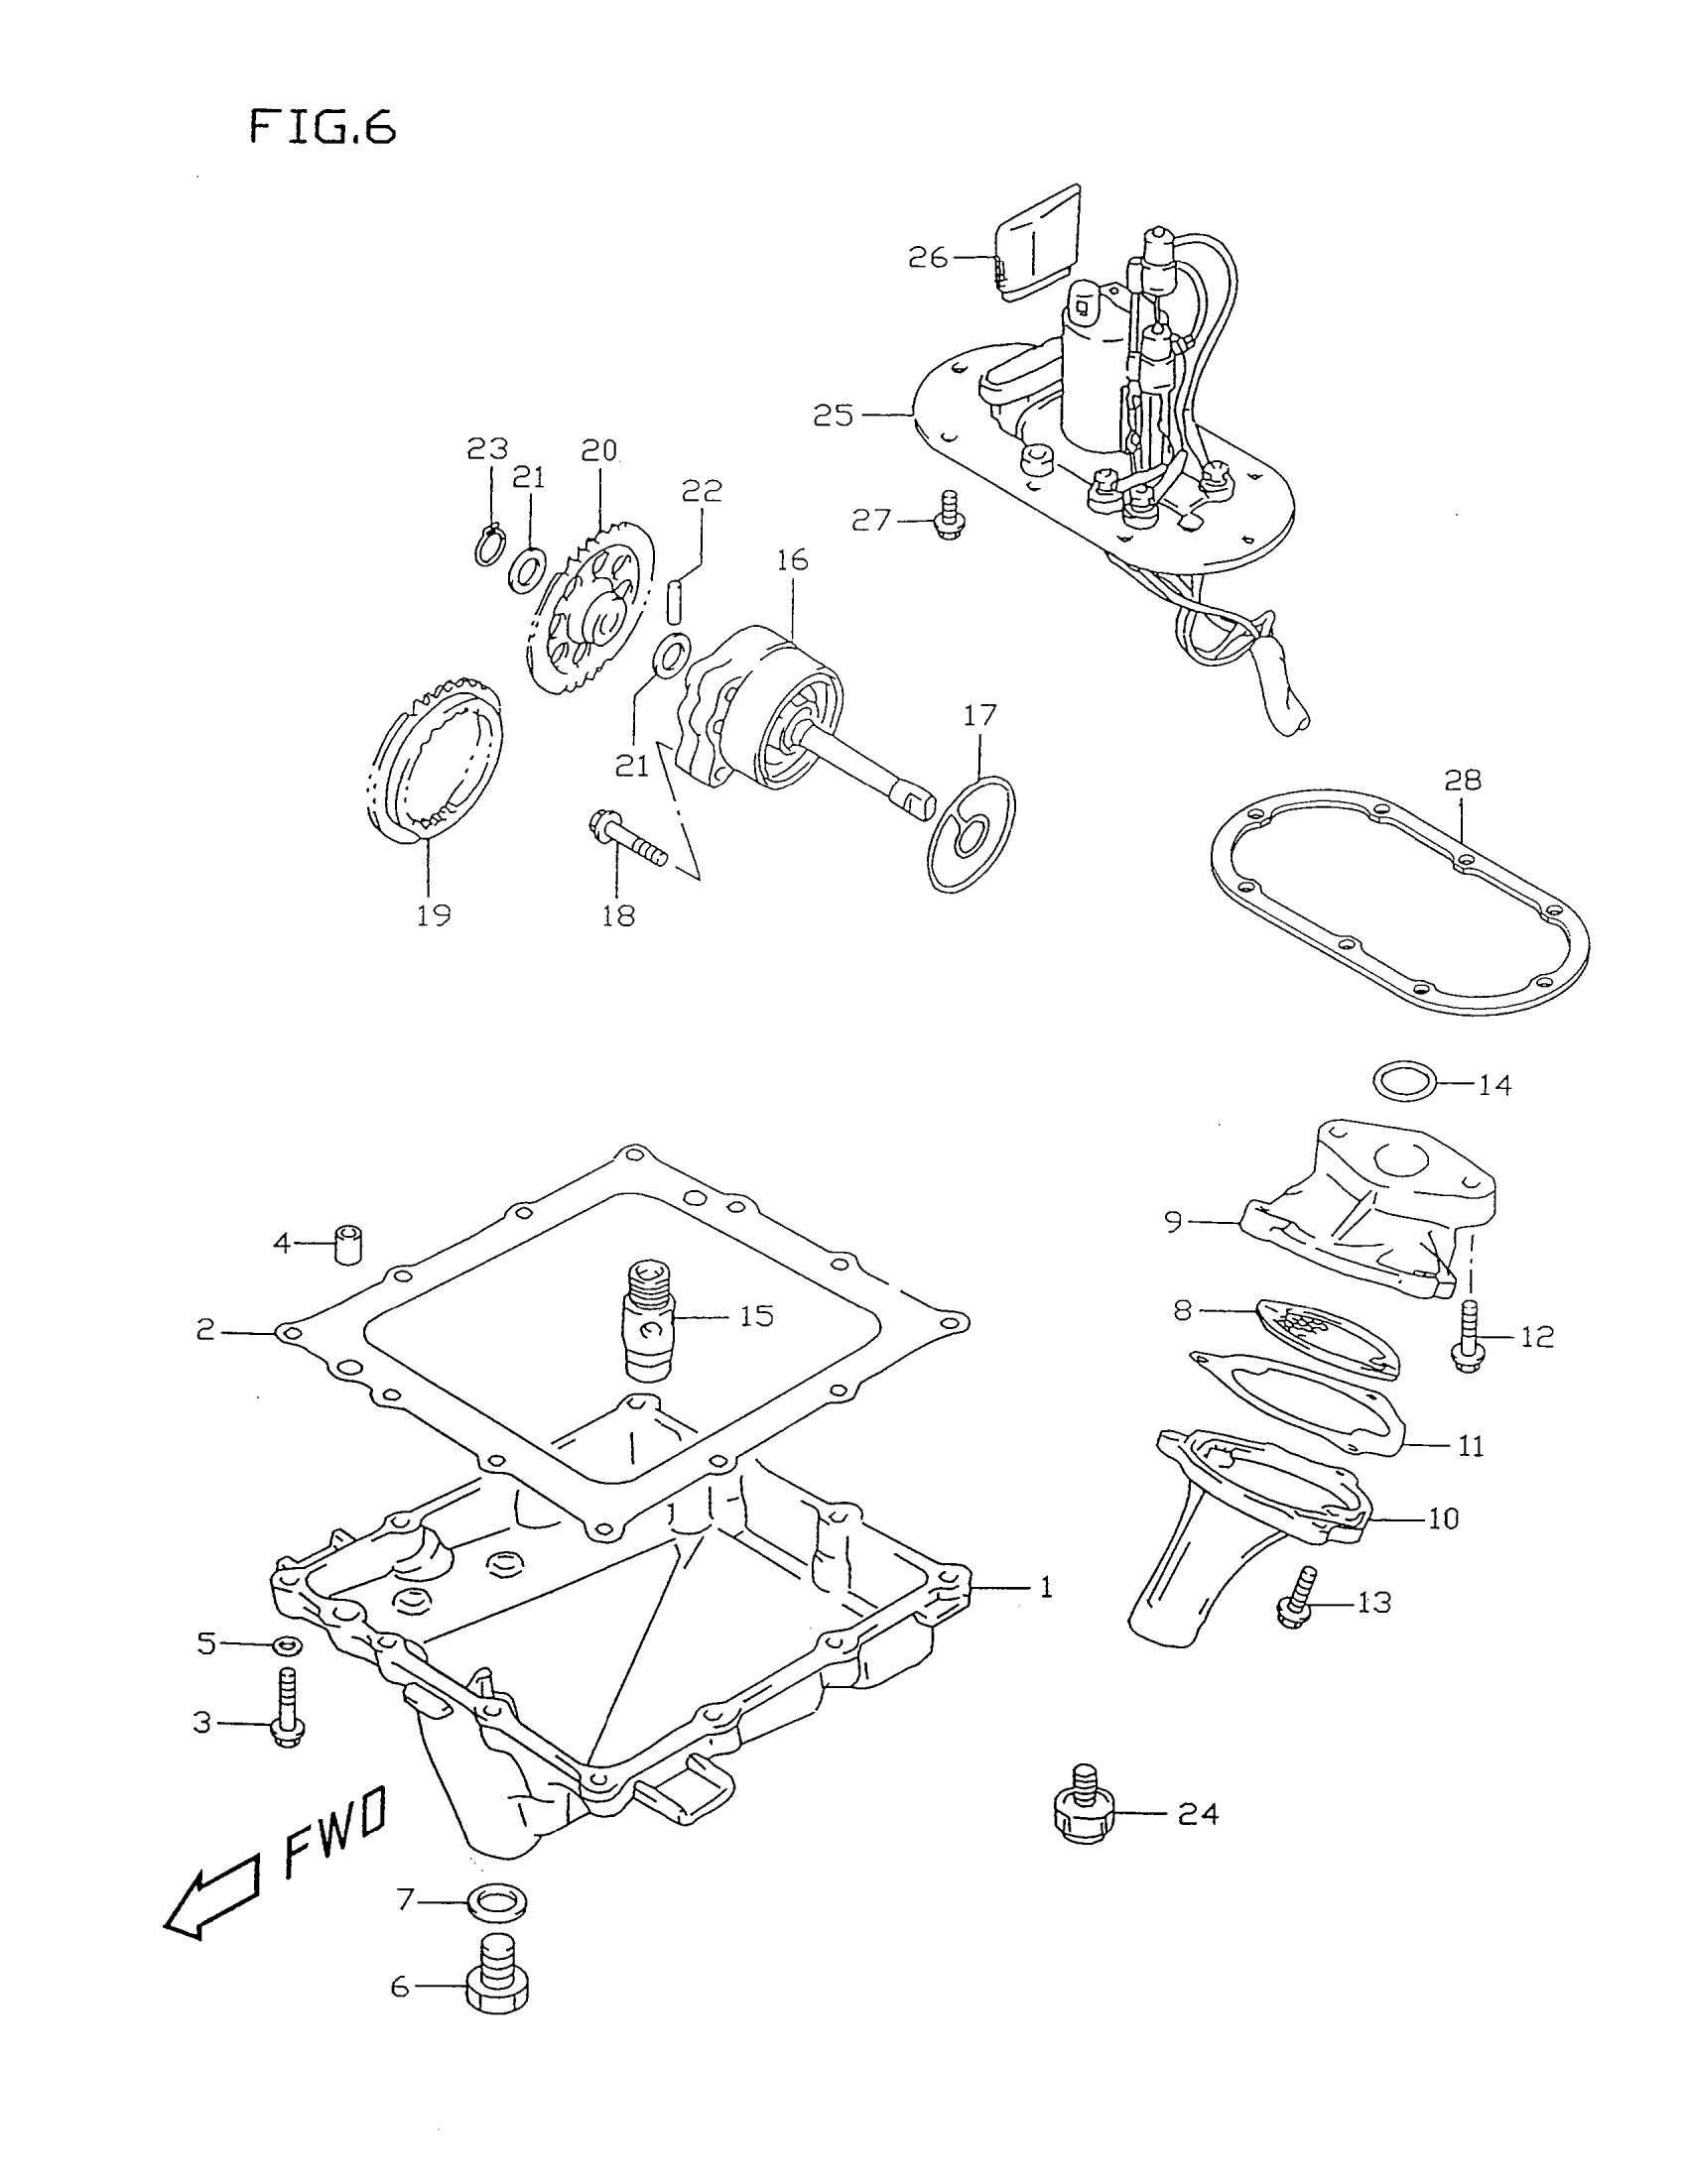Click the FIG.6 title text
click(322, 128)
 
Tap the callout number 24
click(1199, 1813)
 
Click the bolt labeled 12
click(1466, 1337)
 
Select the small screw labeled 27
click(946, 517)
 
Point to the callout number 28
click(1462, 781)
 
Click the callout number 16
click(792, 560)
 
